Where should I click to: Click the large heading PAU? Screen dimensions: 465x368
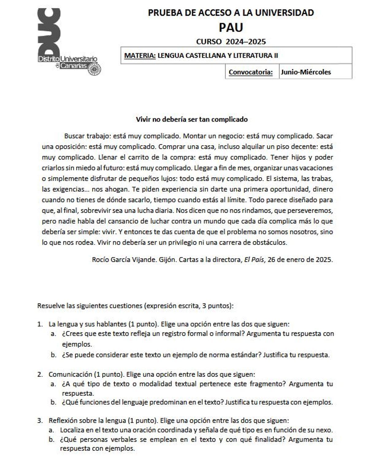(231, 28)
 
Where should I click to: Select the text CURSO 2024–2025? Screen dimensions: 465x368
(231, 42)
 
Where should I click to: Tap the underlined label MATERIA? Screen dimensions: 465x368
(140, 56)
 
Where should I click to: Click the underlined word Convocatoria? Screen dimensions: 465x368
(251, 72)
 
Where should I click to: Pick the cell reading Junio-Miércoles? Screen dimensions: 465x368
(306, 72)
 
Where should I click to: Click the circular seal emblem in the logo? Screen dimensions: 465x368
(94, 70)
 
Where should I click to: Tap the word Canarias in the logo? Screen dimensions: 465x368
(74, 66)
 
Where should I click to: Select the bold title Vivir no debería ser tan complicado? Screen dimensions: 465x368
(192, 119)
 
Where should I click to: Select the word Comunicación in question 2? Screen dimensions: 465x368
(70, 374)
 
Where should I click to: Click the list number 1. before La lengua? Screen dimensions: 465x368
(40, 324)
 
